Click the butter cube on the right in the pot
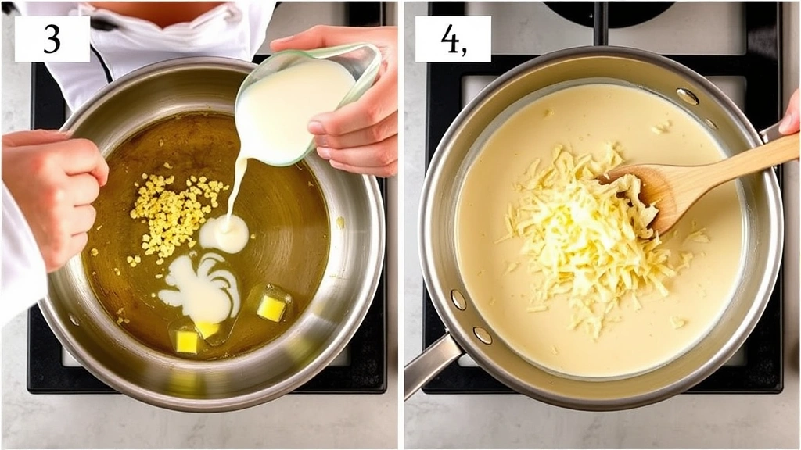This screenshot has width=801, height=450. point(271,307)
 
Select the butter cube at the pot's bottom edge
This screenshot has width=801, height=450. point(188,341)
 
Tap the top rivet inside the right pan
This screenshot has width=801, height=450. point(687,96)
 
